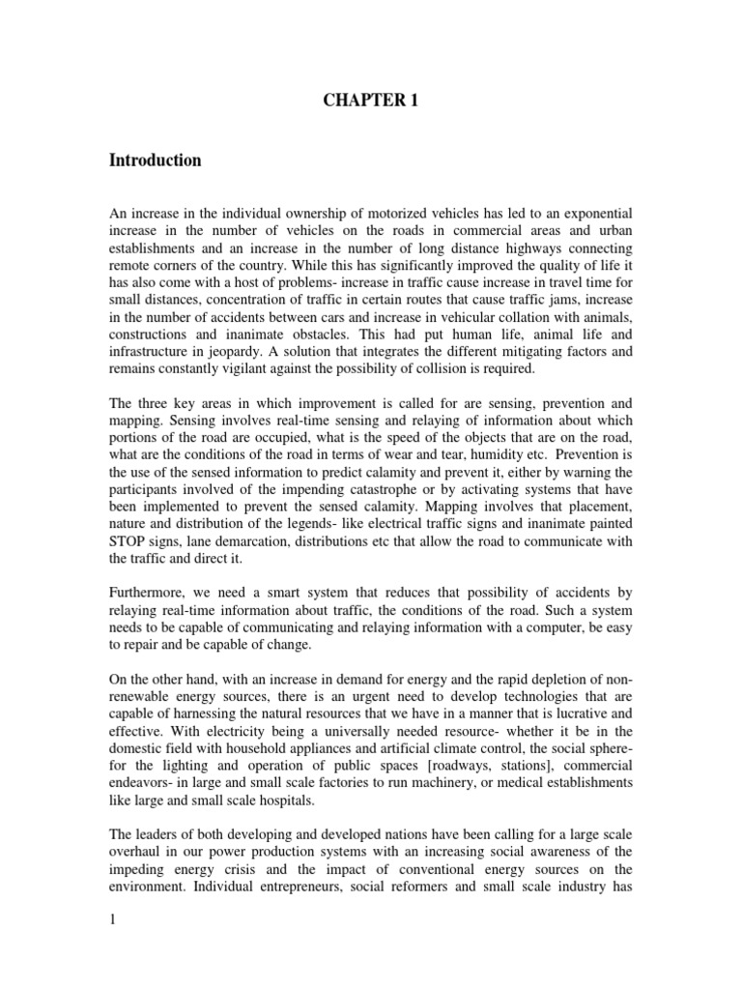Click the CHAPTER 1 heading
point(371,101)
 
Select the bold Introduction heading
point(155,160)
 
